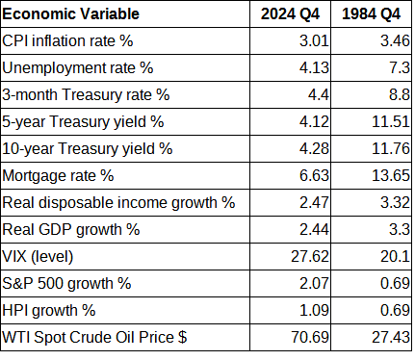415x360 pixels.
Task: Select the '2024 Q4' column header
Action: click(x=298, y=15)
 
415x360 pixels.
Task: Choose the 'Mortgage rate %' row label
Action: click(x=60, y=176)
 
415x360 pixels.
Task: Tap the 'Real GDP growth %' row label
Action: click(x=72, y=230)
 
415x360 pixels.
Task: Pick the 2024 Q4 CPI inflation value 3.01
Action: click(x=314, y=42)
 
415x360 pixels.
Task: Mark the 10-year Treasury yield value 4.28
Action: click(x=314, y=149)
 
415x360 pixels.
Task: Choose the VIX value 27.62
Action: click(x=310, y=257)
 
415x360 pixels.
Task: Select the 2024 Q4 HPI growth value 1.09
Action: click(x=314, y=311)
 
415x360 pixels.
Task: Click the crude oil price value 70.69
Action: click(x=310, y=338)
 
